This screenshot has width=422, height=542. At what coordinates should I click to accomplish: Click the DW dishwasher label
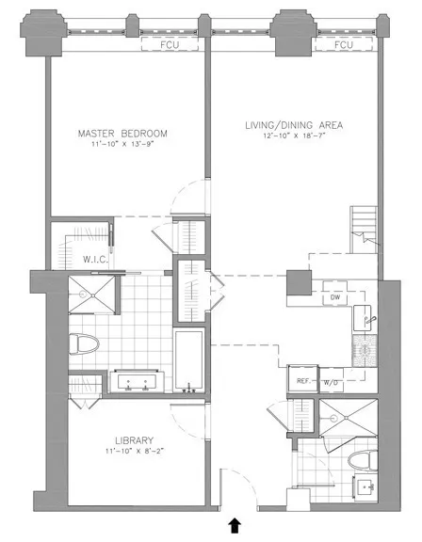point(334,298)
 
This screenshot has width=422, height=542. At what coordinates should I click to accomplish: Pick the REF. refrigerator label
point(302,381)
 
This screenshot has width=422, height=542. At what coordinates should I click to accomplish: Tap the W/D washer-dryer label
point(331,383)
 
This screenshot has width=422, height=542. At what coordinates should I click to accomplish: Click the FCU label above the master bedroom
point(169,43)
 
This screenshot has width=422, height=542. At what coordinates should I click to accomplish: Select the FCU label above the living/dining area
point(343,43)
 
